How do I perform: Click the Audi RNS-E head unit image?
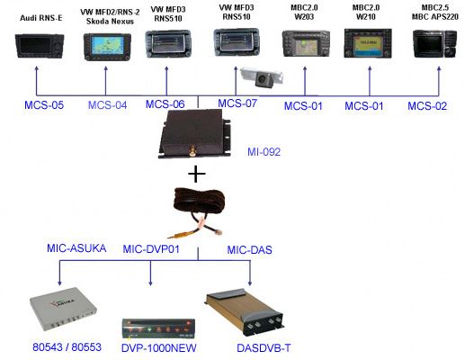(40, 46)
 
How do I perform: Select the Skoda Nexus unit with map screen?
(107, 47)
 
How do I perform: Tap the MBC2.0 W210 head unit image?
(368, 43)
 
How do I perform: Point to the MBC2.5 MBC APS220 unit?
(434, 43)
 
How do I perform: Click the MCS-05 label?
(44, 105)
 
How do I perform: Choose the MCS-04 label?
(107, 105)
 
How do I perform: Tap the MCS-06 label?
(165, 104)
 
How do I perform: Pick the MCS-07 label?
(237, 103)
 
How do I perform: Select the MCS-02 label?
(427, 106)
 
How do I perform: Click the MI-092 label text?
(264, 152)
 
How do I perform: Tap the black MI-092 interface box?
(195, 134)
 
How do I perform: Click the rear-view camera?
(262, 76)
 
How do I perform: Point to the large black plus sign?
(197, 174)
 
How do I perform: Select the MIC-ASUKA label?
(76, 248)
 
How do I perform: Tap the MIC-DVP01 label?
(151, 249)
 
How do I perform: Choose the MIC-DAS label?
(249, 250)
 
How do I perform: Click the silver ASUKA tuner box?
(64, 309)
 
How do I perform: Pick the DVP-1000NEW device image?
(158, 328)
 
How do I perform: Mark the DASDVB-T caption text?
(264, 348)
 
